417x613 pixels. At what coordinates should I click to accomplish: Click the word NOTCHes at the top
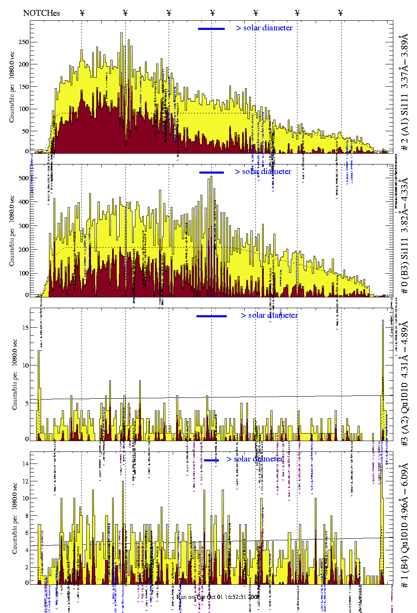[x=42, y=13]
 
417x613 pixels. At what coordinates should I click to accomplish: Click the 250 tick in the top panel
[x=24, y=42]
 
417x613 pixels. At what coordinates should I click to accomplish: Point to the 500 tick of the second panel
[x=24, y=178]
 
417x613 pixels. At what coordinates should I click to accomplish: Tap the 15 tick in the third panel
[x=26, y=328]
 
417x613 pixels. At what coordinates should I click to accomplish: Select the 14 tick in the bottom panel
[x=26, y=464]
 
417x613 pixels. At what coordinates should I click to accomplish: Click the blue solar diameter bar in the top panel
[x=211, y=29]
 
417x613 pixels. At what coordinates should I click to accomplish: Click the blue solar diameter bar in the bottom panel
[x=211, y=460]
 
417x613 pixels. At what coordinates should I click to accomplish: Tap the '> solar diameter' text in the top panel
[x=265, y=28]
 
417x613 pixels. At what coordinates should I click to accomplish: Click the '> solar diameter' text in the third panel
[x=270, y=315]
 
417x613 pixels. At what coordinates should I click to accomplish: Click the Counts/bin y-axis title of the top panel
[x=12, y=87]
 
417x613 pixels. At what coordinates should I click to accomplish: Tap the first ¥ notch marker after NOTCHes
[x=82, y=13]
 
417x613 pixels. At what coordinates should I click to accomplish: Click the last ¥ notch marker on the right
[x=341, y=13]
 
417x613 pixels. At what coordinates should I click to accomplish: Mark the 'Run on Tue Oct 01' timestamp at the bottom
[x=218, y=597]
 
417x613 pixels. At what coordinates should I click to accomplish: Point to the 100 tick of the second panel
[x=24, y=273]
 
